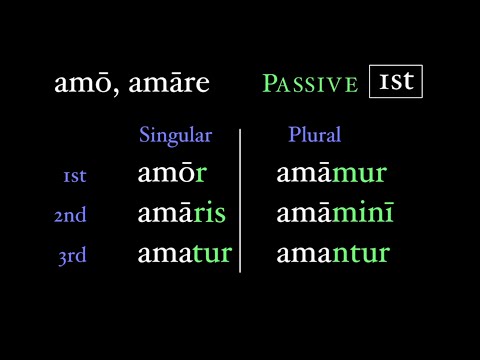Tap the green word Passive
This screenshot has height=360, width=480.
tap(310, 84)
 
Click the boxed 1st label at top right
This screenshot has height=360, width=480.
tap(396, 81)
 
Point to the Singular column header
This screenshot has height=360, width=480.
tap(176, 135)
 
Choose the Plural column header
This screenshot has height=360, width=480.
tap(314, 135)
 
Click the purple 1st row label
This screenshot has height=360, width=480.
tap(75, 176)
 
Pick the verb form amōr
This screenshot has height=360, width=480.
tap(172, 174)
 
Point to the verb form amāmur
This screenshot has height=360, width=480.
tap(331, 174)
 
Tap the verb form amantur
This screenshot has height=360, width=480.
tap(332, 254)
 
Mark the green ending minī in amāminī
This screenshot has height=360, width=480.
tap(364, 214)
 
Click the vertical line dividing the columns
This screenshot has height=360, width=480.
tap(240, 200)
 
